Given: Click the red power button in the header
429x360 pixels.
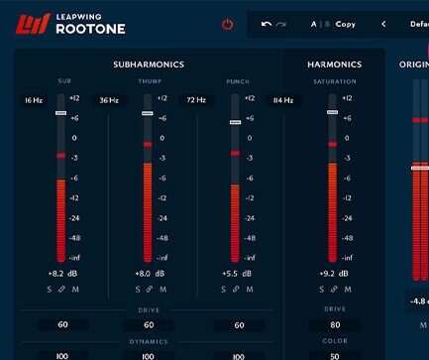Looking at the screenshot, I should [x=228, y=24].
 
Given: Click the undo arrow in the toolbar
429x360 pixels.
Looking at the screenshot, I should [x=266, y=24].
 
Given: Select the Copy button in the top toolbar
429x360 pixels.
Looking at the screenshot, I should [x=345, y=24].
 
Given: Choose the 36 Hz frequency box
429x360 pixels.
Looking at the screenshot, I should [x=108, y=100].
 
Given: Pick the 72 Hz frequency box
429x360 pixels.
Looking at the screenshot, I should [x=195, y=100].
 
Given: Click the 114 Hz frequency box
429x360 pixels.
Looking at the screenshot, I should [x=282, y=100].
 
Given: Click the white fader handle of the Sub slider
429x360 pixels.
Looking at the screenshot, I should [x=60, y=113].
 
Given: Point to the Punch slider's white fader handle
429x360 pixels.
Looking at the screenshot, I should [x=235, y=123].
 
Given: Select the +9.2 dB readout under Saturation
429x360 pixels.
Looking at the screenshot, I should [x=334, y=273].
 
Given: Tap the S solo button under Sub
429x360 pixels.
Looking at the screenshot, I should [x=49, y=290].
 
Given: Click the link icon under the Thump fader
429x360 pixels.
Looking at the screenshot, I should [x=149, y=290].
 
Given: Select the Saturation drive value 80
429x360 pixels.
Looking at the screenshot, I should [x=335, y=324].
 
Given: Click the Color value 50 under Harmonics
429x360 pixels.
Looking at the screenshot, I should [x=335, y=355].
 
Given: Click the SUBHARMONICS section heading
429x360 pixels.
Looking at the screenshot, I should [x=149, y=64].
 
